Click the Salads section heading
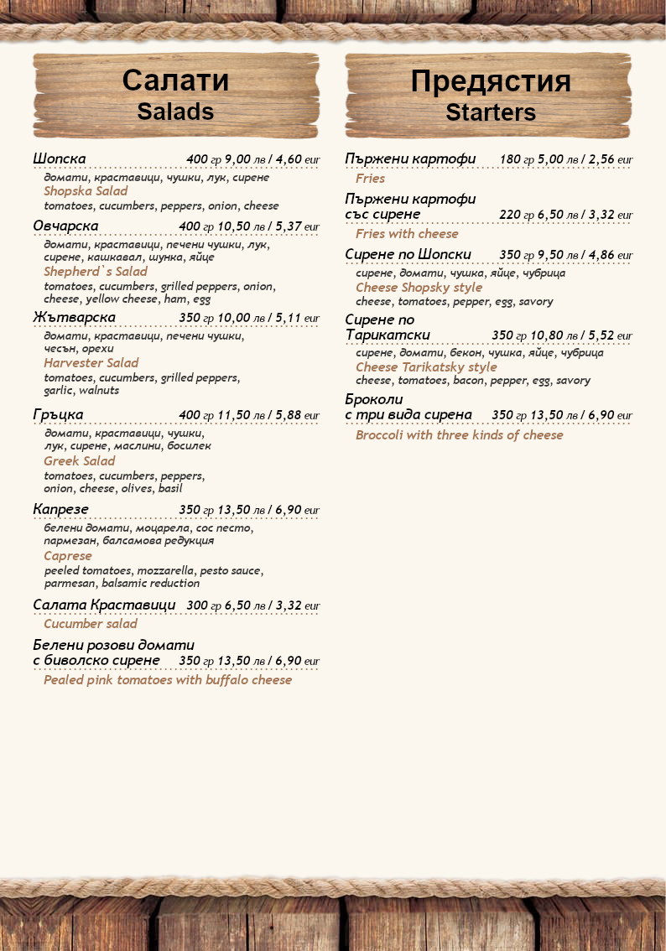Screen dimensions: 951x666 click(x=175, y=112)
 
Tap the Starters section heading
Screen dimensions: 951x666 click(x=491, y=112)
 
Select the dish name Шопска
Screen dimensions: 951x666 click(x=60, y=159)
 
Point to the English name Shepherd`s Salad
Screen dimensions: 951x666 click(x=95, y=272)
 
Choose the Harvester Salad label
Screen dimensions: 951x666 click(x=91, y=363)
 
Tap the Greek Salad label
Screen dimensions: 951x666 click(x=80, y=461)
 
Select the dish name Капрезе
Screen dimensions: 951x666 click(x=60, y=510)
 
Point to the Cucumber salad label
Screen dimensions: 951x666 click(x=91, y=624)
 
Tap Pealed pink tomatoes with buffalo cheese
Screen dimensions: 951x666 click(x=168, y=680)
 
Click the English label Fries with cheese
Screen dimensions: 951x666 click(x=407, y=234)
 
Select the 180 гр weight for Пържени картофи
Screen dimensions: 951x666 click(x=517, y=159)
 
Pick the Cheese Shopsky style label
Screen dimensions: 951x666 click(x=419, y=288)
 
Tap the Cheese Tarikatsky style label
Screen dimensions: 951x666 click(x=426, y=367)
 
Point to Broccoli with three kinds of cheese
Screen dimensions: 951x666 click(x=459, y=435)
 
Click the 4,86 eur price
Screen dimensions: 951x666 click(x=611, y=255)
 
